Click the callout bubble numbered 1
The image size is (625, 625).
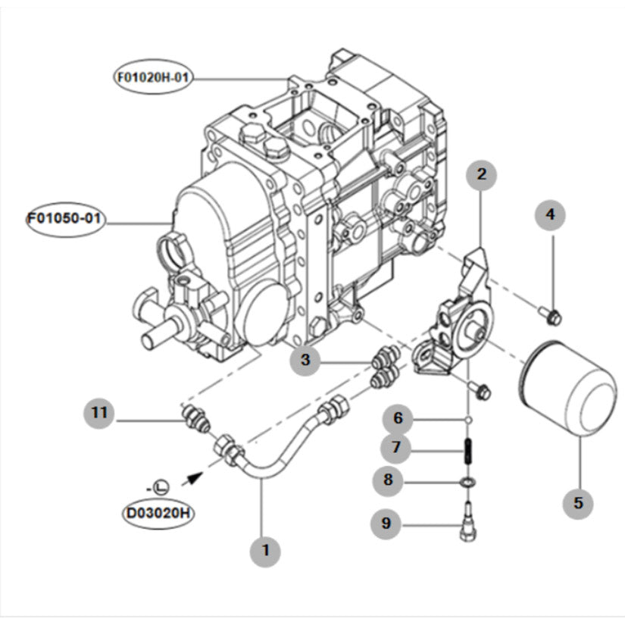(265, 551)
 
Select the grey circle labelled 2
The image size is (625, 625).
(481, 175)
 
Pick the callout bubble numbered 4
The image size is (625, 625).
(551, 215)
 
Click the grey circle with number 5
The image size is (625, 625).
(578, 502)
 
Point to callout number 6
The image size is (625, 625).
(398, 418)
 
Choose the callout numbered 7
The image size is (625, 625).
(398, 448)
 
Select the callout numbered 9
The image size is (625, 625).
(387, 523)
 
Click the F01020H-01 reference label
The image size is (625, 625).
(152, 77)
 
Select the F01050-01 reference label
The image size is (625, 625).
(65, 220)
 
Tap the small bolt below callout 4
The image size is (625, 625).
(550, 314)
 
